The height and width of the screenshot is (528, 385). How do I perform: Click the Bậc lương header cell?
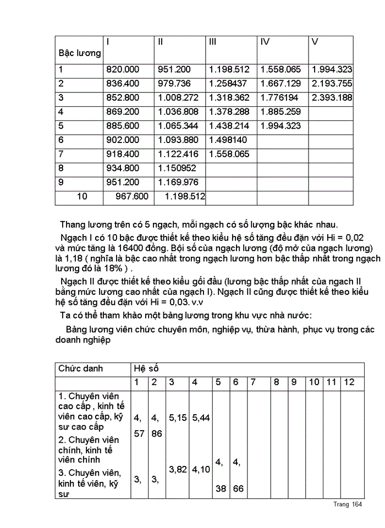[80, 53]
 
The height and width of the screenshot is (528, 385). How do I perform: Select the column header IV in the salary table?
[265, 42]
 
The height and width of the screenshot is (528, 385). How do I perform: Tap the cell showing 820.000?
[122, 70]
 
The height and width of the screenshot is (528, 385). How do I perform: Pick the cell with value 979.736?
[174, 84]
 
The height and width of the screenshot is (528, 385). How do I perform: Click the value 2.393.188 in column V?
[332, 98]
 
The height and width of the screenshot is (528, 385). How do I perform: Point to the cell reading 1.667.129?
[280, 84]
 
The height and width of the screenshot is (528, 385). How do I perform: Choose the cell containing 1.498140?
[228, 140]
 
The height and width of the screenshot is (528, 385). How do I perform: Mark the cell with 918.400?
[122, 154]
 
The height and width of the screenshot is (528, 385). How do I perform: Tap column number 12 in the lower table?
[349, 382]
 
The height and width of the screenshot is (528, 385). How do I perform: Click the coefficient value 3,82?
[177, 469]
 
